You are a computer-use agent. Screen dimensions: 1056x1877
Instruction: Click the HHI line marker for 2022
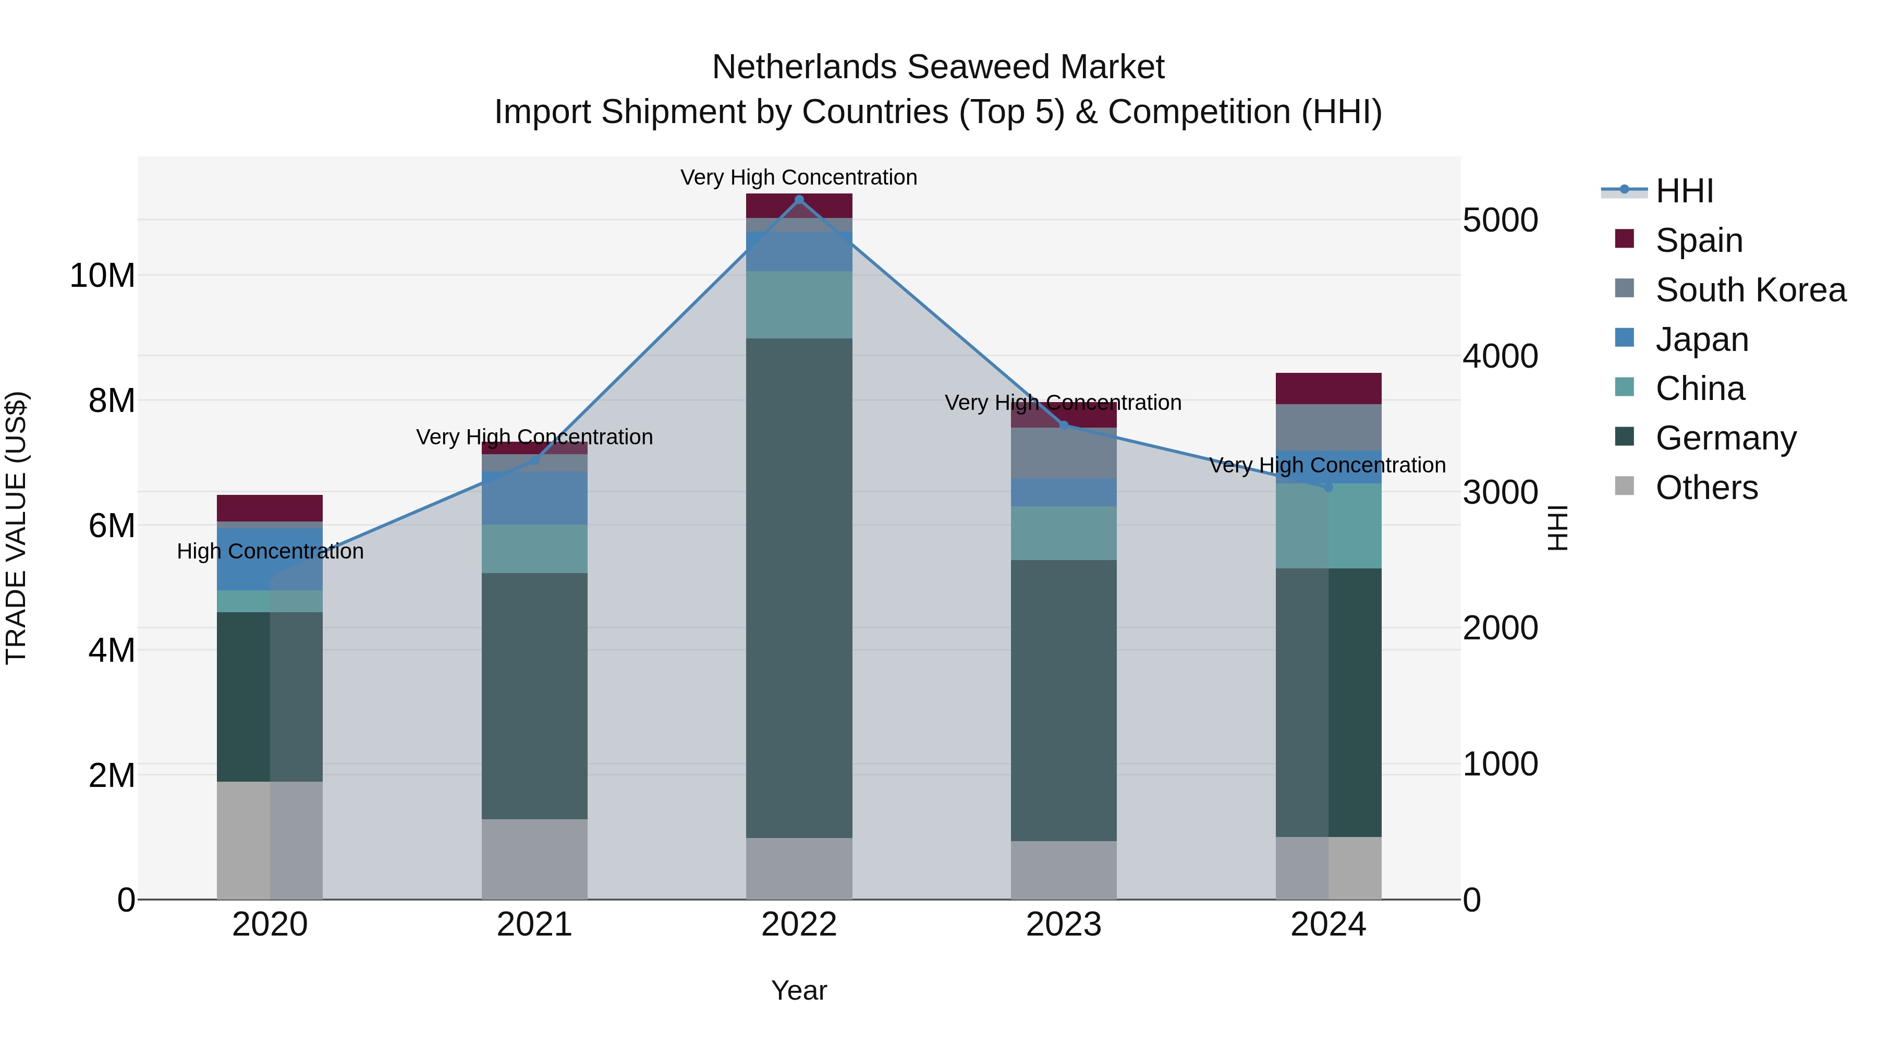pyautogui.click(x=799, y=200)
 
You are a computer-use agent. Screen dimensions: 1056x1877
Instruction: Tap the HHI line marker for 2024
pyautogui.click(x=1328, y=487)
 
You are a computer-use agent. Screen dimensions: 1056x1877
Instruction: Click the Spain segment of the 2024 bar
pyautogui.click(x=1328, y=389)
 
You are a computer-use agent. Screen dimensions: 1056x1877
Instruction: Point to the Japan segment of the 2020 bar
pyautogui.click(x=270, y=559)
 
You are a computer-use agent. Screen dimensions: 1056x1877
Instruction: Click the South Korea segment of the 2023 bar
pyautogui.click(x=1063, y=453)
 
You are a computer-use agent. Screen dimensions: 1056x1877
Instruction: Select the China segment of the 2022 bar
pyautogui.click(x=799, y=305)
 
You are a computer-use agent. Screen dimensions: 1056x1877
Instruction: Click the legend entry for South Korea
pyautogui.click(x=1750, y=290)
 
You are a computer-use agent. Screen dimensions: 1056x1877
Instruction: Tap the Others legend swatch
pyautogui.click(x=1624, y=486)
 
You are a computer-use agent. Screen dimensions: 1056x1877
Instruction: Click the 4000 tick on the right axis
pyautogui.click(x=1500, y=356)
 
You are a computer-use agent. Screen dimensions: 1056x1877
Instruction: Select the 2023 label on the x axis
pyautogui.click(x=1063, y=925)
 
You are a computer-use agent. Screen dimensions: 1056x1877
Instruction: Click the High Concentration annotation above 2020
pyautogui.click(x=270, y=551)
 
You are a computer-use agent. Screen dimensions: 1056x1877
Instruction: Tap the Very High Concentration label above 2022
pyautogui.click(x=799, y=177)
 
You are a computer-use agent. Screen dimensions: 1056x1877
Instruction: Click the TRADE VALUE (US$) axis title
pyautogui.click(x=16, y=528)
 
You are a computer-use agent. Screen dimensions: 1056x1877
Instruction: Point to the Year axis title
pyautogui.click(x=799, y=990)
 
